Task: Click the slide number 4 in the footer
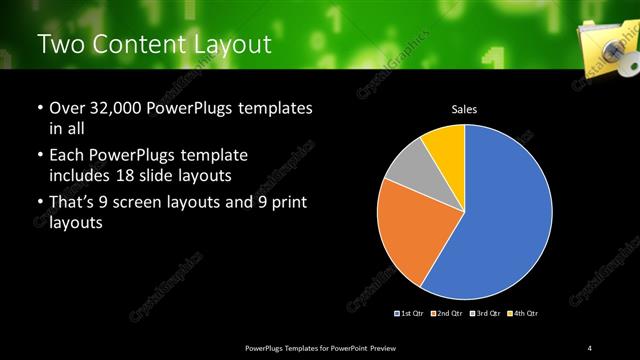(590, 347)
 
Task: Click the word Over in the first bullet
(66, 108)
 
